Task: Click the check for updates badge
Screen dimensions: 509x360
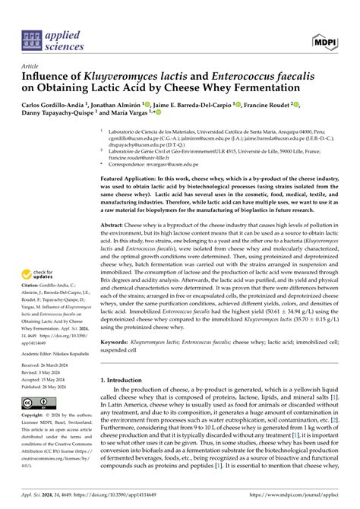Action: click(x=40, y=277)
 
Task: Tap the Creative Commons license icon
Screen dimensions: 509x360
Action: click(x=39, y=402)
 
